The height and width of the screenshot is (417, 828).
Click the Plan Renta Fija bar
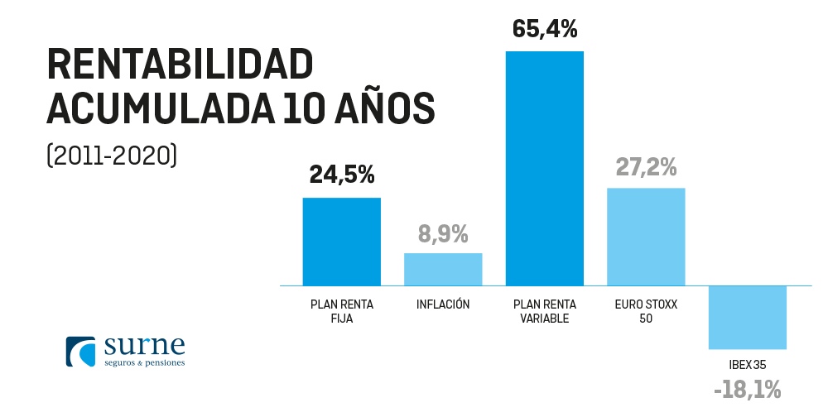[341, 242]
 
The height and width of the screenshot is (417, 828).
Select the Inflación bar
[443, 269]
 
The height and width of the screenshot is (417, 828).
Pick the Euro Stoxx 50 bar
[646, 237]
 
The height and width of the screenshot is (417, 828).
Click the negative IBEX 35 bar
[747, 318]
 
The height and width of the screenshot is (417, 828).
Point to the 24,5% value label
[342, 175]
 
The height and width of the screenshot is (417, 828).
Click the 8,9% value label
[443, 234]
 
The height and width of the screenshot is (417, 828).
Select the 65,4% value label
[545, 28]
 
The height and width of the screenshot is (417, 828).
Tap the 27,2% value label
[646, 166]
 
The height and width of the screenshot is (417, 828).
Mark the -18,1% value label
[747, 390]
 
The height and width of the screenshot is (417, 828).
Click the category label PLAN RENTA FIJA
[342, 311]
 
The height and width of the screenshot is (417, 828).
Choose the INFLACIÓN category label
[443, 304]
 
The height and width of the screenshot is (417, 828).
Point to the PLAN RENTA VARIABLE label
[544, 311]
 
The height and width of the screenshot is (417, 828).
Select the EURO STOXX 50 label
[646, 311]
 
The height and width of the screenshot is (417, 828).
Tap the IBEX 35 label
[747, 364]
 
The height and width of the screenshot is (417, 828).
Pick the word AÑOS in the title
[387, 108]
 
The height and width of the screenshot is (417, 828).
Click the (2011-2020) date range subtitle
[112, 155]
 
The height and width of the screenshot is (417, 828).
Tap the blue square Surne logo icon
[82, 351]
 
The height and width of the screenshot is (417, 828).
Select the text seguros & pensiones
[145, 362]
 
